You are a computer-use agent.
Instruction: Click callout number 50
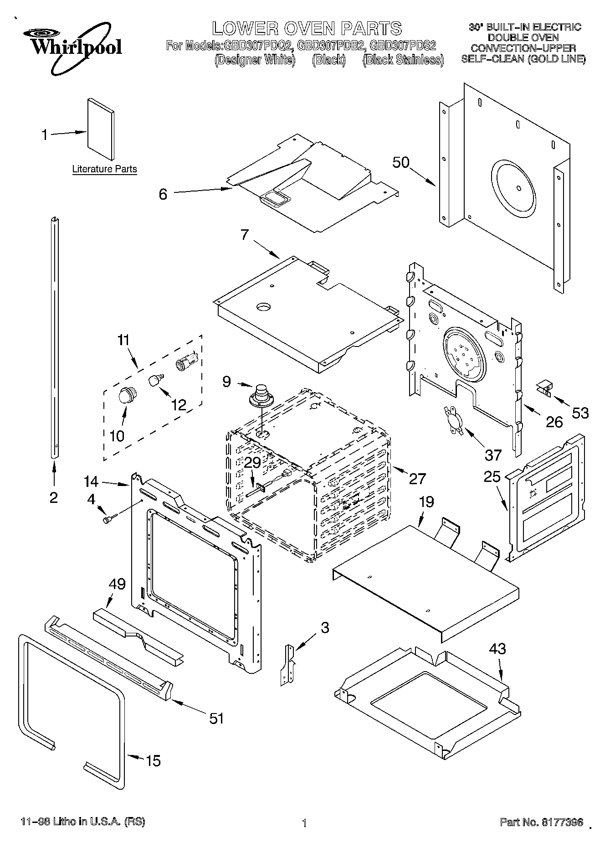pyautogui.click(x=401, y=163)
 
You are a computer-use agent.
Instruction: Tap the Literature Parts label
pyautogui.click(x=104, y=169)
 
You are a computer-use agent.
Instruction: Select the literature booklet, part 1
pyautogui.click(x=101, y=129)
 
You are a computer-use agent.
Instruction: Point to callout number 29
pyautogui.click(x=252, y=463)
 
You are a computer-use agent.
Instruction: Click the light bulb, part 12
pyautogui.click(x=156, y=378)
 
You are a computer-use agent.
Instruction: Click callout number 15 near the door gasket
pyautogui.click(x=153, y=760)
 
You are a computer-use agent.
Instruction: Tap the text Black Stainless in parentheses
pyautogui.click(x=403, y=60)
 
